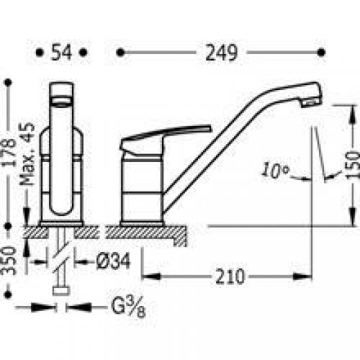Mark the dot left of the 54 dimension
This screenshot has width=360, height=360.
(x=37, y=52)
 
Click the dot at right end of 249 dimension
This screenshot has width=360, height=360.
(x=319, y=52)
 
